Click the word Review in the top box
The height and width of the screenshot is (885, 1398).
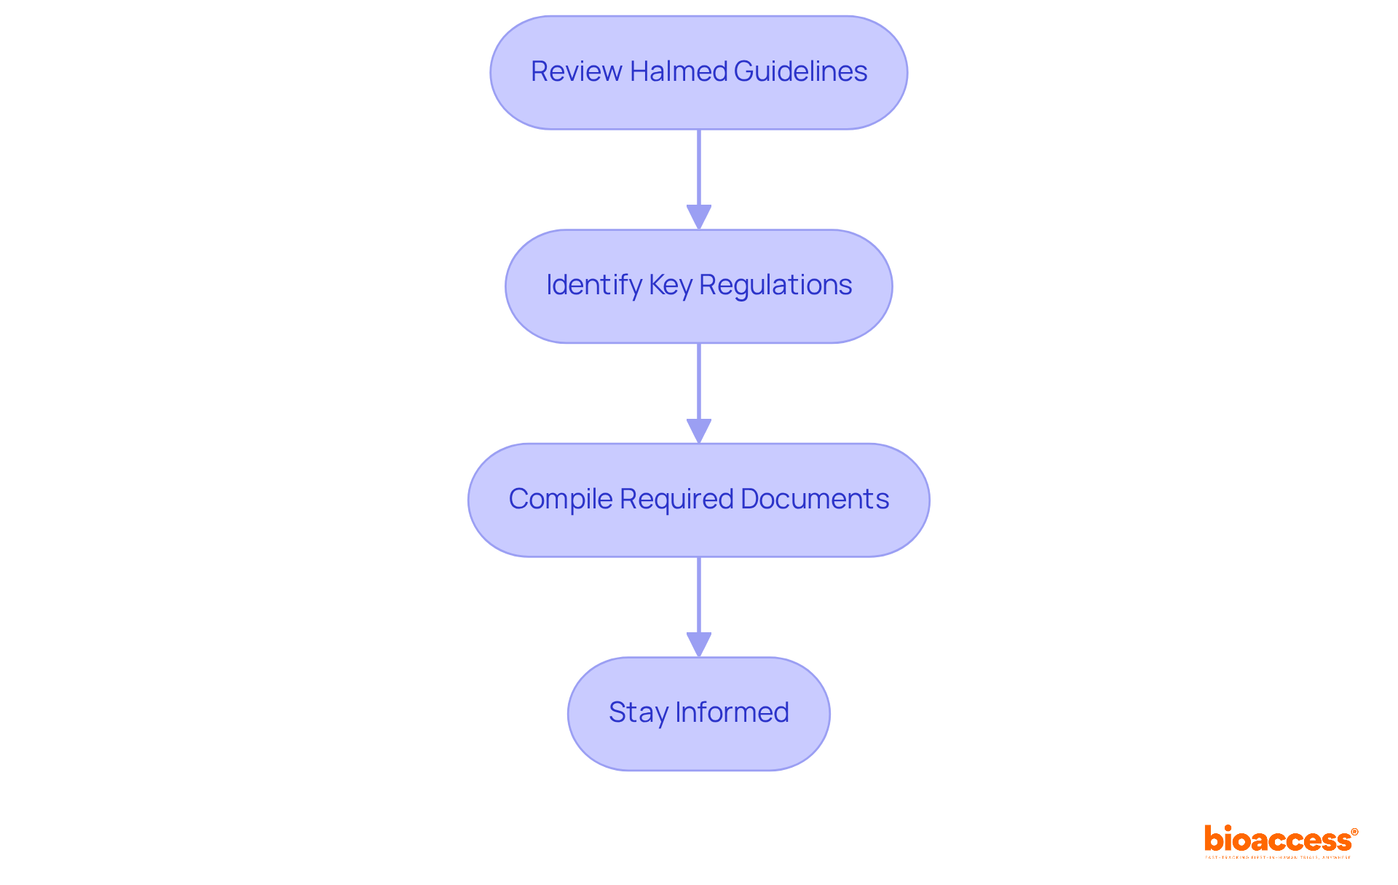[x=576, y=71]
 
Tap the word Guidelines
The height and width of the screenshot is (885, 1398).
[x=800, y=71]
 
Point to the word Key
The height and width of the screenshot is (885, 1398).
[x=670, y=285]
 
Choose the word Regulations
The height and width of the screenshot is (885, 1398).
[x=775, y=285]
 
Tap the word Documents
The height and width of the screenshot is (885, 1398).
[x=815, y=499]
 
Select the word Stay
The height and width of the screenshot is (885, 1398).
[x=638, y=712]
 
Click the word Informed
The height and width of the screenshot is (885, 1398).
[x=732, y=712]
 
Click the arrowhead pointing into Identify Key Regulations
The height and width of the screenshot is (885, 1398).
[x=699, y=217]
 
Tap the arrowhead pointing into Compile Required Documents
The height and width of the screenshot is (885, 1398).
[x=699, y=430]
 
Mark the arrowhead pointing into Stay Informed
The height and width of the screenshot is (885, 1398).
[x=699, y=645]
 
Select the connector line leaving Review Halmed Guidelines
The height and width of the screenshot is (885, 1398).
[x=699, y=168]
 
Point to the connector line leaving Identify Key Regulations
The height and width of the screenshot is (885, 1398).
[x=699, y=381]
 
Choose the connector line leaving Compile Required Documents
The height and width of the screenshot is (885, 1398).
[x=699, y=595]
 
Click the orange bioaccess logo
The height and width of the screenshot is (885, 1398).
[x=1277, y=840]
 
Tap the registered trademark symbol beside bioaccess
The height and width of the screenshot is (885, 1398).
[x=1354, y=832]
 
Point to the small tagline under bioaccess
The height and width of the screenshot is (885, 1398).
[x=1278, y=857]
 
